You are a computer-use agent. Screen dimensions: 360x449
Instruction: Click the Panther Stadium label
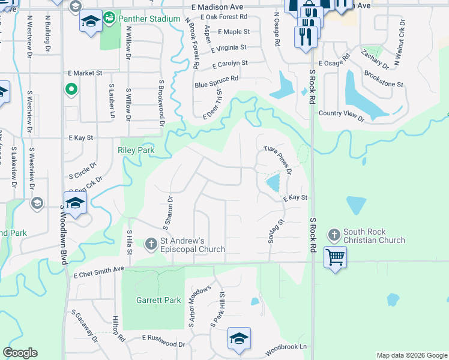pyautogui.click(x=149, y=19)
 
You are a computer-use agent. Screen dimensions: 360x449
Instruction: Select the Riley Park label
pyautogui.click(x=136, y=150)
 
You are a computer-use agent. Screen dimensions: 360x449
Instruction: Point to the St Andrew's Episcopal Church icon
pyautogui.click(x=151, y=243)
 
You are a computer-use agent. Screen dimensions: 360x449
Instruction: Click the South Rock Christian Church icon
pyautogui.click(x=334, y=234)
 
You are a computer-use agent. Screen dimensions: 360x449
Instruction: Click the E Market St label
pyautogui.click(x=85, y=73)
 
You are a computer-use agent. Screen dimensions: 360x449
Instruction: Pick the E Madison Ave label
pyautogui.click(x=218, y=7)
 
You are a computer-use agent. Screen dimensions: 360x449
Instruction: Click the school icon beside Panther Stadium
pyautogui.click(x=90, y=22)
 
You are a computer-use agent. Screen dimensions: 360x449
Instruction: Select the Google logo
pyautogui.click(x=20, y=353)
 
